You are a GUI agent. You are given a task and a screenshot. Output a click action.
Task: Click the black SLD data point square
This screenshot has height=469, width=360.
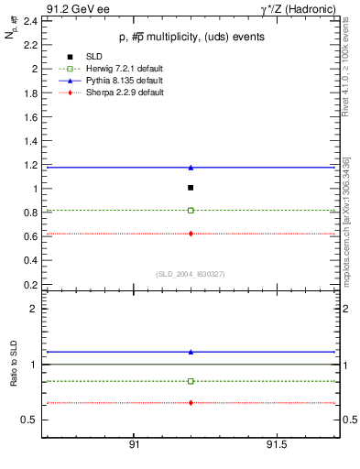[x=191, y=188]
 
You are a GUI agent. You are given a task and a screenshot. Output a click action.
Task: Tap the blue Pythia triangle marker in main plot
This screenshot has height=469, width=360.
[x=191, y=168]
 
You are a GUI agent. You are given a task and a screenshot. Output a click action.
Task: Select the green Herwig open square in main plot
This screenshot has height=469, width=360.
[x=191, y=211]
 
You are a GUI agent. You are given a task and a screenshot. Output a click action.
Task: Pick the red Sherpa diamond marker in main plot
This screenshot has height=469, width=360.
[x=191, y=234]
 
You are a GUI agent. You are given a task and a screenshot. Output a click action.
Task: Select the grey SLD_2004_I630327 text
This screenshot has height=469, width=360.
[x=190, y=273]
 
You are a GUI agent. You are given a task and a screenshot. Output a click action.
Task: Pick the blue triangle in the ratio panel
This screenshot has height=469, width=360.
[x=191, y=352]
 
